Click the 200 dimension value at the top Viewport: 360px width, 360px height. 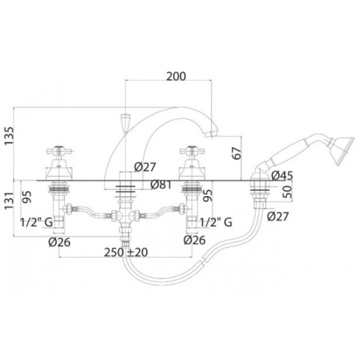tap(176, 76)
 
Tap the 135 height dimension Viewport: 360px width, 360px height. tap(9, 136)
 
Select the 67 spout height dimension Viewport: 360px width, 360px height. tap(237, 153)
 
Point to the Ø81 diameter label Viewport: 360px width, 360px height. tap(161, 184)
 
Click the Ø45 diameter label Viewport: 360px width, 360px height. tap(282, 176)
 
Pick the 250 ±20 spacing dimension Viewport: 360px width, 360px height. tap(126, 252)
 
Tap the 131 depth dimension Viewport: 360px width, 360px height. tap(9, 200)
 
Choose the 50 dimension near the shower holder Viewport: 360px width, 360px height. tap(287, 192)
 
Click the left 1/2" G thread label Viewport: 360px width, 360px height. tap(36, 222)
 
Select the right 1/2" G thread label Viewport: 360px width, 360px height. tap(216, 222)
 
